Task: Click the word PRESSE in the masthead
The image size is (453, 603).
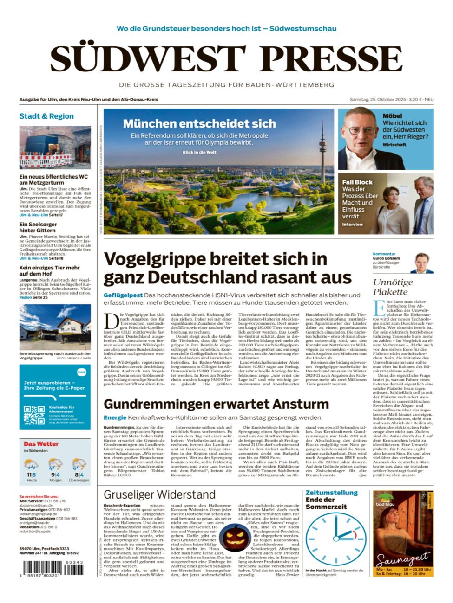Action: [x=331, y=59]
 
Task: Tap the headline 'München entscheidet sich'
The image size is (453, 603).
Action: [x=199, y=123]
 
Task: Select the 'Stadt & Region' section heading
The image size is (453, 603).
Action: [x=46, y=116]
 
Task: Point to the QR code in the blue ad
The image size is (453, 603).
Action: [x=34, y=415]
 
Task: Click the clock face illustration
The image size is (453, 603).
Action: [x=333, y=539]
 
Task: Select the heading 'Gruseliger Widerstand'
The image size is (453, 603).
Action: [x=159, y=494]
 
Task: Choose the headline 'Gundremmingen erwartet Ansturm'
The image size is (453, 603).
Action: [x=216, y=404]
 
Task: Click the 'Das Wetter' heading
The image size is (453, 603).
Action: [x=41, y=444]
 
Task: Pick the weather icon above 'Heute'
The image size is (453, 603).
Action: [x=31, y=464]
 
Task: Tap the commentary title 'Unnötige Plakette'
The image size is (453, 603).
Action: [x=393, y=287]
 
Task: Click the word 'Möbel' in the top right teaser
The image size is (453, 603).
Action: [x=392, y=116]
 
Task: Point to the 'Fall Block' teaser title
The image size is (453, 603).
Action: [x=357, y=182]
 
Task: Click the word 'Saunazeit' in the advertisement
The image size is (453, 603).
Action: [x=403, y=558]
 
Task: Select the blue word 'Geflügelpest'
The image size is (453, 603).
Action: [x=123, y=295]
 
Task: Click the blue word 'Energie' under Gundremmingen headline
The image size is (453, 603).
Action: [x=115, y=417]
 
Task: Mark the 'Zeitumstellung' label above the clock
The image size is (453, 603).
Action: [x=331, y=493]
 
